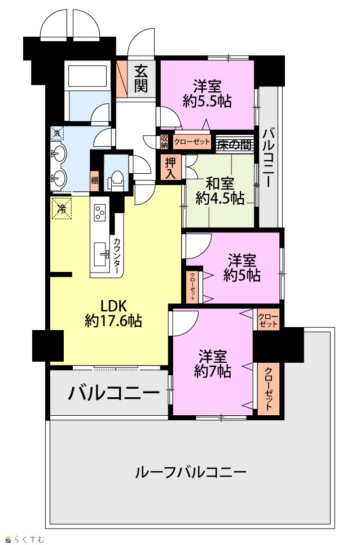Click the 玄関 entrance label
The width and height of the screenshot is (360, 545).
[141, 78]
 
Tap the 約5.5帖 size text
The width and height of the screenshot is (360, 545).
[207, 101]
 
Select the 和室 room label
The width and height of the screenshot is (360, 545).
[219, 183]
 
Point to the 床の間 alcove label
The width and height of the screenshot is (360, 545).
[235, 144]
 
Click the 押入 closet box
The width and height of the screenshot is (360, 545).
[170, 168]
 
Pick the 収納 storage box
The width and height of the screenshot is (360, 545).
[164, 141]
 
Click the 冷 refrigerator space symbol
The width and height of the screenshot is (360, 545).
[62, 209]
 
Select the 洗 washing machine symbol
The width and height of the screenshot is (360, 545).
[57, 133]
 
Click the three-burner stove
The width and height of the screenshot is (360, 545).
[100, 212]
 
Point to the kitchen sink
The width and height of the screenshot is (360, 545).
[101, 254]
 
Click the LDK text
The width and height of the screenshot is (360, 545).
[113, 306]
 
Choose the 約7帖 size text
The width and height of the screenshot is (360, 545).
[212, 372]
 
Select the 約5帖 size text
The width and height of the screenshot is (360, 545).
[242, 275]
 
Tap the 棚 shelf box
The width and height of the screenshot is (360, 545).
[95, 181]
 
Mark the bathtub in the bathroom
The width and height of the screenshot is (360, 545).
[87, 76]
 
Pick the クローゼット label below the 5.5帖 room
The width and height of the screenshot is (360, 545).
[192, 142]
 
